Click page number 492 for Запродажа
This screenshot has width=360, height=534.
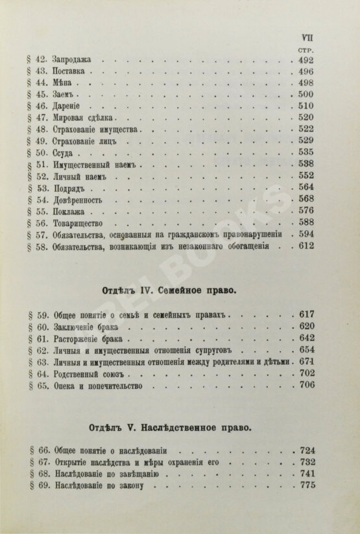[305, 60]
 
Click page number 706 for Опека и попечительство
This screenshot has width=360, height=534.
[305, 388]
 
